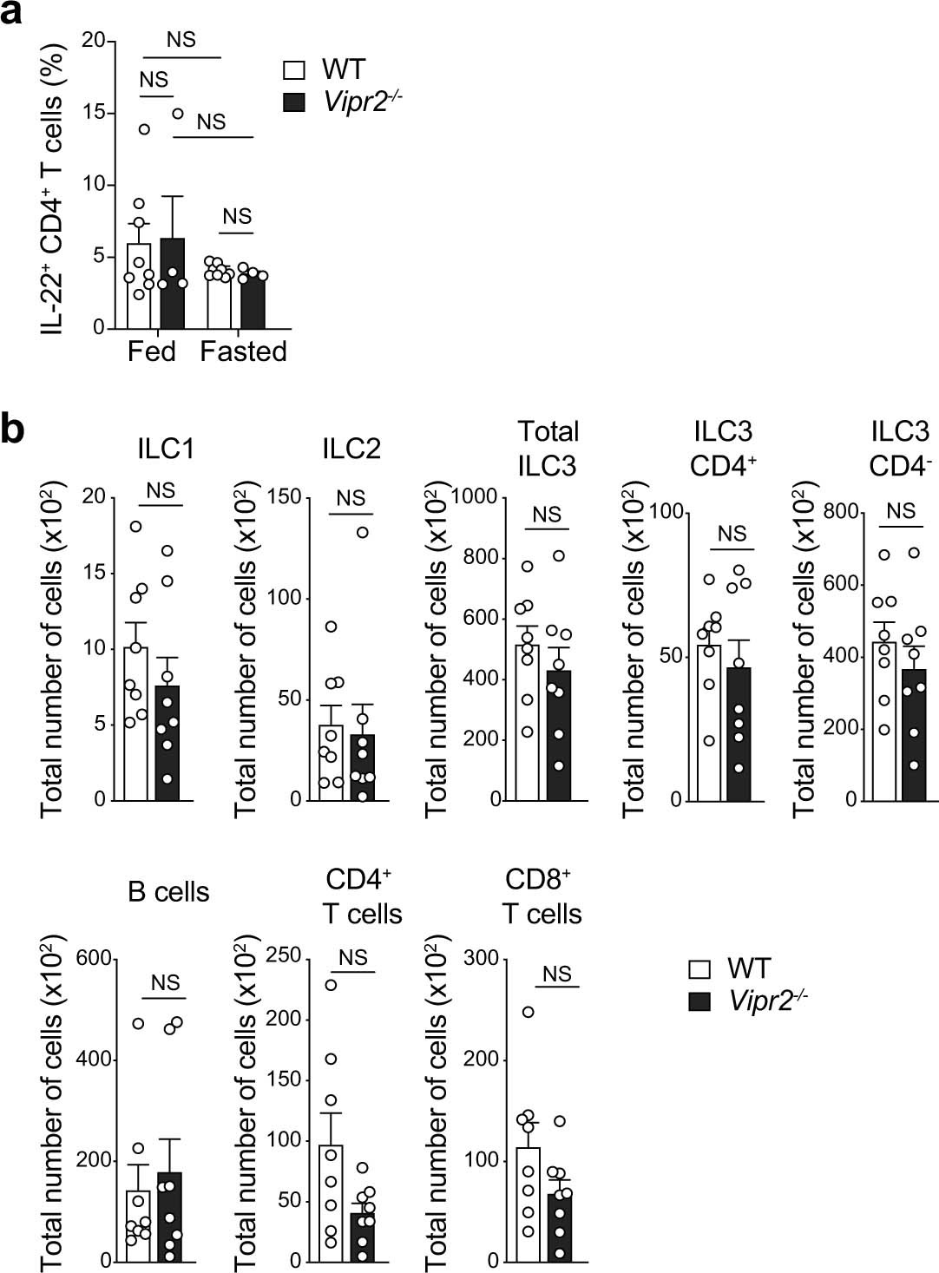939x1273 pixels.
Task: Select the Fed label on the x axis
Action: click(151, 351)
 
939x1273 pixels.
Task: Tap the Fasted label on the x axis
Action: click(243, 351)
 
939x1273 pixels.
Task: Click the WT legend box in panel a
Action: click(295, 70)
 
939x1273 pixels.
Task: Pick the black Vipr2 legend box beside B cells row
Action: click(699, 1001)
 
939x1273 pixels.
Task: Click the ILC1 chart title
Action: click(165, 449)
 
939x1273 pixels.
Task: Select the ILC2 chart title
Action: click(351, 449)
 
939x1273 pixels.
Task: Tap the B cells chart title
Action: click(168, 892)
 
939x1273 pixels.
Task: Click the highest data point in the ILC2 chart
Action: click(362, 532)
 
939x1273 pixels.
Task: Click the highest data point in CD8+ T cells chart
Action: click(528, 1012)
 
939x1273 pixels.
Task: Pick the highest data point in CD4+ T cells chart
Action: click(331, 985)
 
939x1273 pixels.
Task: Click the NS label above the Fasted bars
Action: click(236, 216)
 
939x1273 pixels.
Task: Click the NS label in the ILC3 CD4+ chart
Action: click(732, 534)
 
